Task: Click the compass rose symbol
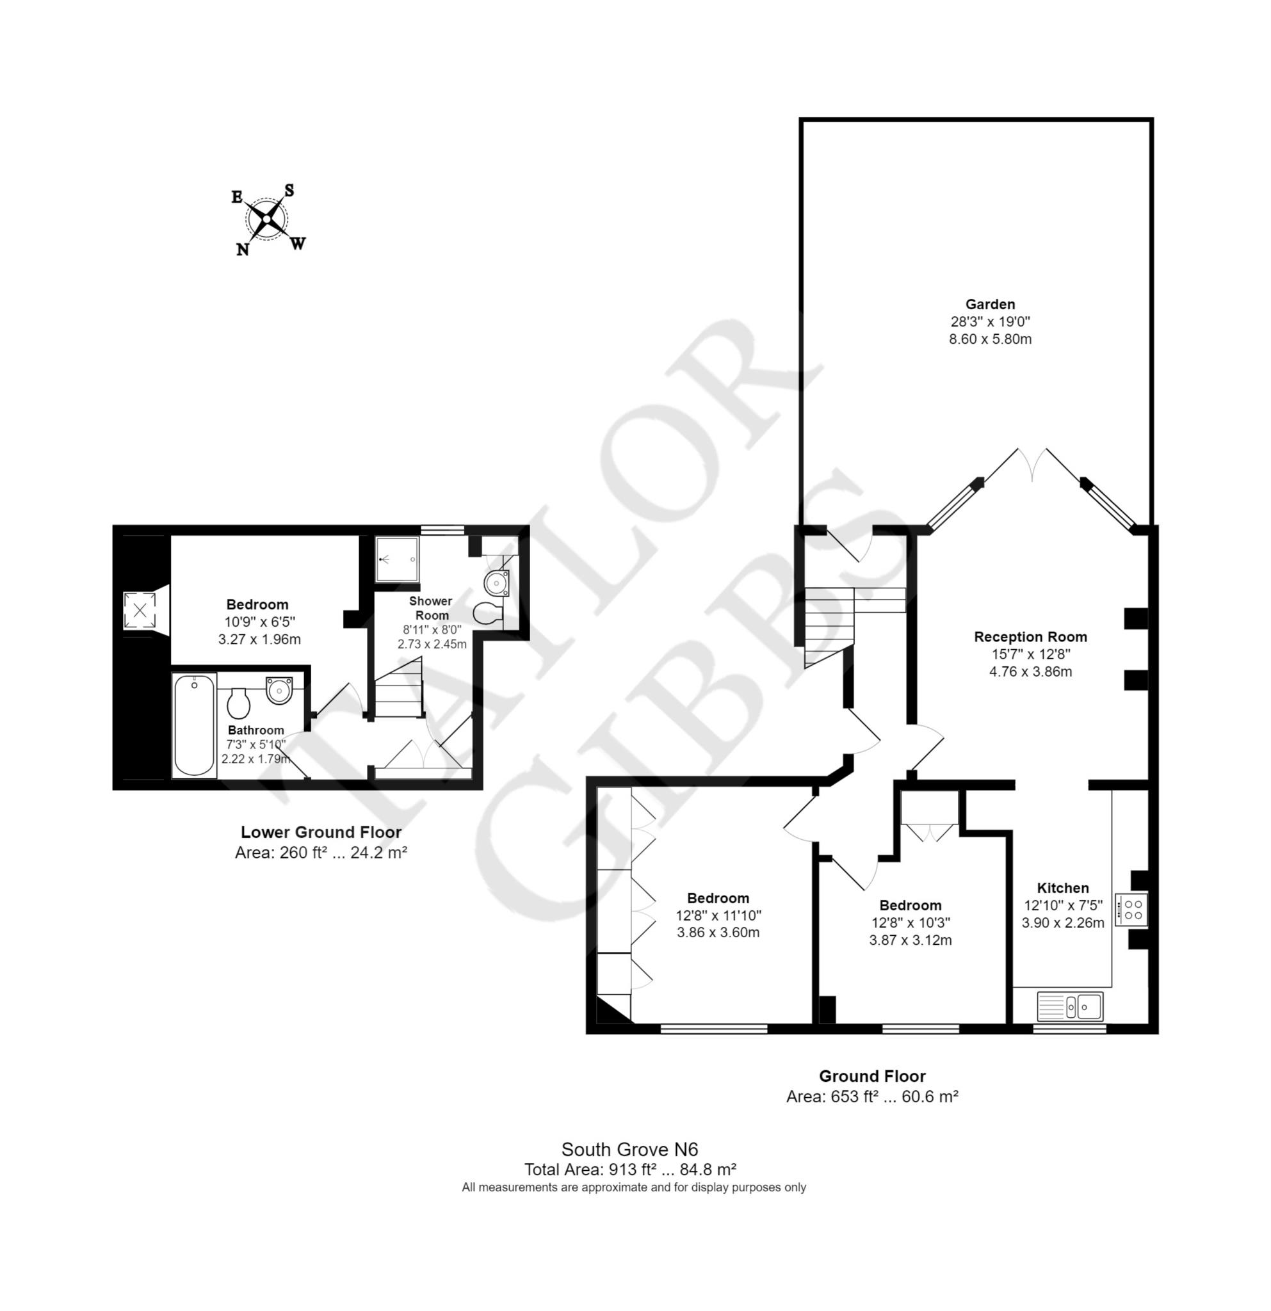[268, 219]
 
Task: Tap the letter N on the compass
[242, 250]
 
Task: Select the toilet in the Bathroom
[239, 702]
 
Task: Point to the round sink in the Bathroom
[279, 689]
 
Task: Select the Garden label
[990, 303]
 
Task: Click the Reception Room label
[1030, 637]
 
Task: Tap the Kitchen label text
[1063, 888]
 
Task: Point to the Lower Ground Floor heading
[321, 832]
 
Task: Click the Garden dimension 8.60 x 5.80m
[990, 339]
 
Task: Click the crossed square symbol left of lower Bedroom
[140, 610]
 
